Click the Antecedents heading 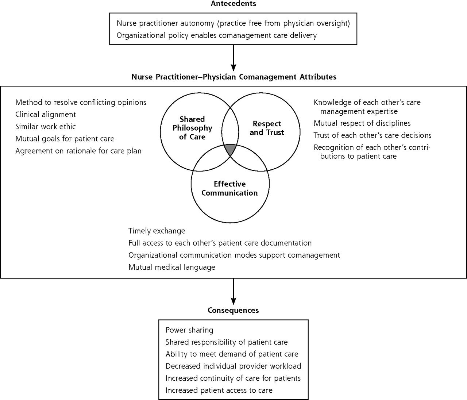point(233,4)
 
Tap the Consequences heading point(233,310)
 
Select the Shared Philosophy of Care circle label point(192,128)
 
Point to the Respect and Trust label point(267,128)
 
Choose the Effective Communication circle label point(229,188)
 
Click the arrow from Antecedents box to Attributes point(233,58)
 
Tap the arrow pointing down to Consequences point(233,292)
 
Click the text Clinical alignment point(46,115)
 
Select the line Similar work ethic point(45,127)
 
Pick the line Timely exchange point(157,231)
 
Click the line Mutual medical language point(172,267)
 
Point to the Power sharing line point(189,330)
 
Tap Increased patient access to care point(219,390)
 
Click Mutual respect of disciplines point(362,123)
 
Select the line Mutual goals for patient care point(65,139)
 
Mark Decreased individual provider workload point(233,366)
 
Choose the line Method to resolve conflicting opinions point(81,103)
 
